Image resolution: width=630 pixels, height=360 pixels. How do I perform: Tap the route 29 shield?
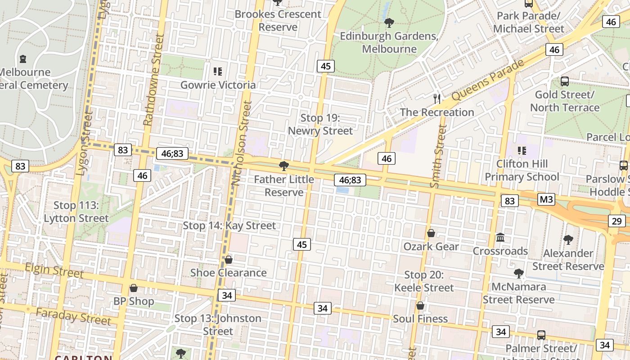[x=616, y=221]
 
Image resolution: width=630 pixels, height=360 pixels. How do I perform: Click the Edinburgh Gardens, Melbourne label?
[x=389, y=42]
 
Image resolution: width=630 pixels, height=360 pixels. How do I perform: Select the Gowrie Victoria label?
[x=218, y=85]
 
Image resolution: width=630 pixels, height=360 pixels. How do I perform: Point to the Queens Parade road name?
[x=488, y=80]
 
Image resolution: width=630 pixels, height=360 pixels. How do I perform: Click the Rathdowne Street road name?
[x=152, y=81]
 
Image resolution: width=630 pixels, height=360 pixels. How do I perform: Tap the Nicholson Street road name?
[x=242, y=143]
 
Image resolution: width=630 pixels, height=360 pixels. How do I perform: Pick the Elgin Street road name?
[x=54, y=270]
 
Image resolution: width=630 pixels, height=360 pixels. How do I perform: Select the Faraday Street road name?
[x=73, y=316]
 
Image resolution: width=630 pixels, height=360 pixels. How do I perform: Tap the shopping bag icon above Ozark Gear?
[x=431, y=233]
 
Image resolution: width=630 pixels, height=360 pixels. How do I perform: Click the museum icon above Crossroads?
[x=500, y=237]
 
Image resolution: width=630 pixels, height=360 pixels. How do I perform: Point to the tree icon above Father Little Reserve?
[x=284, y=166]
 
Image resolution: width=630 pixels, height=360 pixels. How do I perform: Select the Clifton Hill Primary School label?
[x=522, y=170]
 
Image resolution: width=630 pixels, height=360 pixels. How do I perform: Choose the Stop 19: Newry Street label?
[x=320, y=125]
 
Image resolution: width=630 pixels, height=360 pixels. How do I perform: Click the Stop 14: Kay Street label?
[x=229, y=225]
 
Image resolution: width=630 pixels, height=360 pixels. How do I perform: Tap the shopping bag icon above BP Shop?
[x=133, y=288]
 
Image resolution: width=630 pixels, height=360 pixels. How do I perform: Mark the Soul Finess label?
[x=420, y=319]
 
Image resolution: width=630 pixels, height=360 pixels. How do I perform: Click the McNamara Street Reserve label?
[x=518, y=293]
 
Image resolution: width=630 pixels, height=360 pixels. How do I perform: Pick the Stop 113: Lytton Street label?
[x=76, y=212]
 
